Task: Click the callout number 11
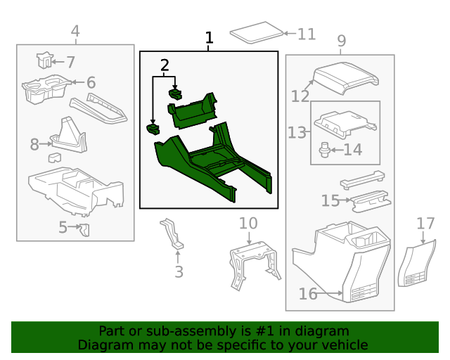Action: pos(307,34)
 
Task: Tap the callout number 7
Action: pos(70,62)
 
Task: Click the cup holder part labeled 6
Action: pos(44,89)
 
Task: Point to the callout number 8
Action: pos(34,145)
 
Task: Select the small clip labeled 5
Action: pos(83,228)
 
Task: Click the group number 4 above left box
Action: pos(75,32)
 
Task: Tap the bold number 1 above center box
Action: pos(209,38)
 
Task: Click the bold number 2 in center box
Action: pos(165,66)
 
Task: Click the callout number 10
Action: pos(248,224)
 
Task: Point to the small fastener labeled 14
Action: pos(324,148)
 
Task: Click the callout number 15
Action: pos(330,201)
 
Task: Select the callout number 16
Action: pos(308,294)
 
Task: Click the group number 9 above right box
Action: pos(341,41)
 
